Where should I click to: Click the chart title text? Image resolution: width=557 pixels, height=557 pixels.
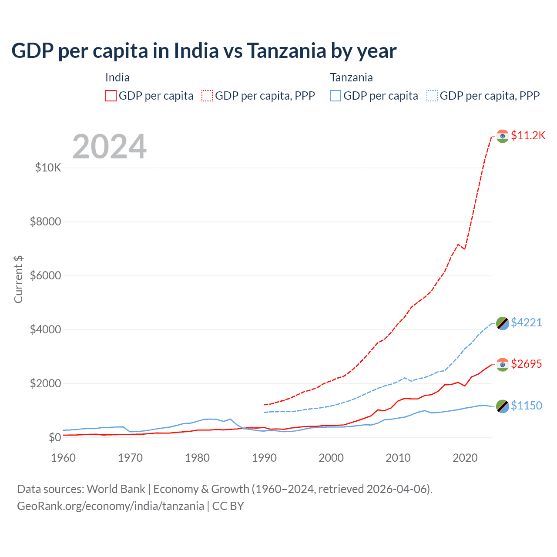pos(204,51)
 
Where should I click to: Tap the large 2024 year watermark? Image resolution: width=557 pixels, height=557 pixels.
pos(109,147)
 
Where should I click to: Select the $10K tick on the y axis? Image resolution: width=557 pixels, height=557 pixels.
pos(48,168)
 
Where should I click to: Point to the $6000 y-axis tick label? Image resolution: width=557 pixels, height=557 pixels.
pos(45,276)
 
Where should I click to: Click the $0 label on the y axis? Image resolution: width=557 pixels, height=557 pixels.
pos(54,437)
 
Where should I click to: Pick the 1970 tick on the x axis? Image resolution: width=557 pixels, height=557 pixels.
pos(130,458)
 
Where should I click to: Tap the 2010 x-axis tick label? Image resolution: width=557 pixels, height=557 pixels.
pos(398,458)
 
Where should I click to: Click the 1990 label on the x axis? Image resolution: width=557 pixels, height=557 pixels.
pos(264,458)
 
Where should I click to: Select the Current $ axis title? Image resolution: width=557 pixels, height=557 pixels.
pos(18,279)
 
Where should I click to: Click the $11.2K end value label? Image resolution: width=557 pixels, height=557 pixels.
pos(528,136)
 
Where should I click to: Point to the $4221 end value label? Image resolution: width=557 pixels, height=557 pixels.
pos(526,322)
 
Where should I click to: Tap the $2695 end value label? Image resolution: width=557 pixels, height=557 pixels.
pos(526,364)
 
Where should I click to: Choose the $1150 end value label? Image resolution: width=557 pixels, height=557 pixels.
pos(526,406)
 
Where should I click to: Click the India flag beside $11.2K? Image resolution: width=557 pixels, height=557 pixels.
pos(503,136)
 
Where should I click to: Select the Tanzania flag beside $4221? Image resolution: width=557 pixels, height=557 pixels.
pos(503,323)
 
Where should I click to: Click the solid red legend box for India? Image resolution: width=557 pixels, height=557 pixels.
pos(111,96)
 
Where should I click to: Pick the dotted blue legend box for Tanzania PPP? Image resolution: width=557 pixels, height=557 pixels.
pos(432,96)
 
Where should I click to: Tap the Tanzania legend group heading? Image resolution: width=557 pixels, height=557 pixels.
pos(351,77)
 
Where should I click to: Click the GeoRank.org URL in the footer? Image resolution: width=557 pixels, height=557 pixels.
pos(111,506)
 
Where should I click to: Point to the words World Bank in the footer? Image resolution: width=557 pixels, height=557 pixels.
pos(116,489)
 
